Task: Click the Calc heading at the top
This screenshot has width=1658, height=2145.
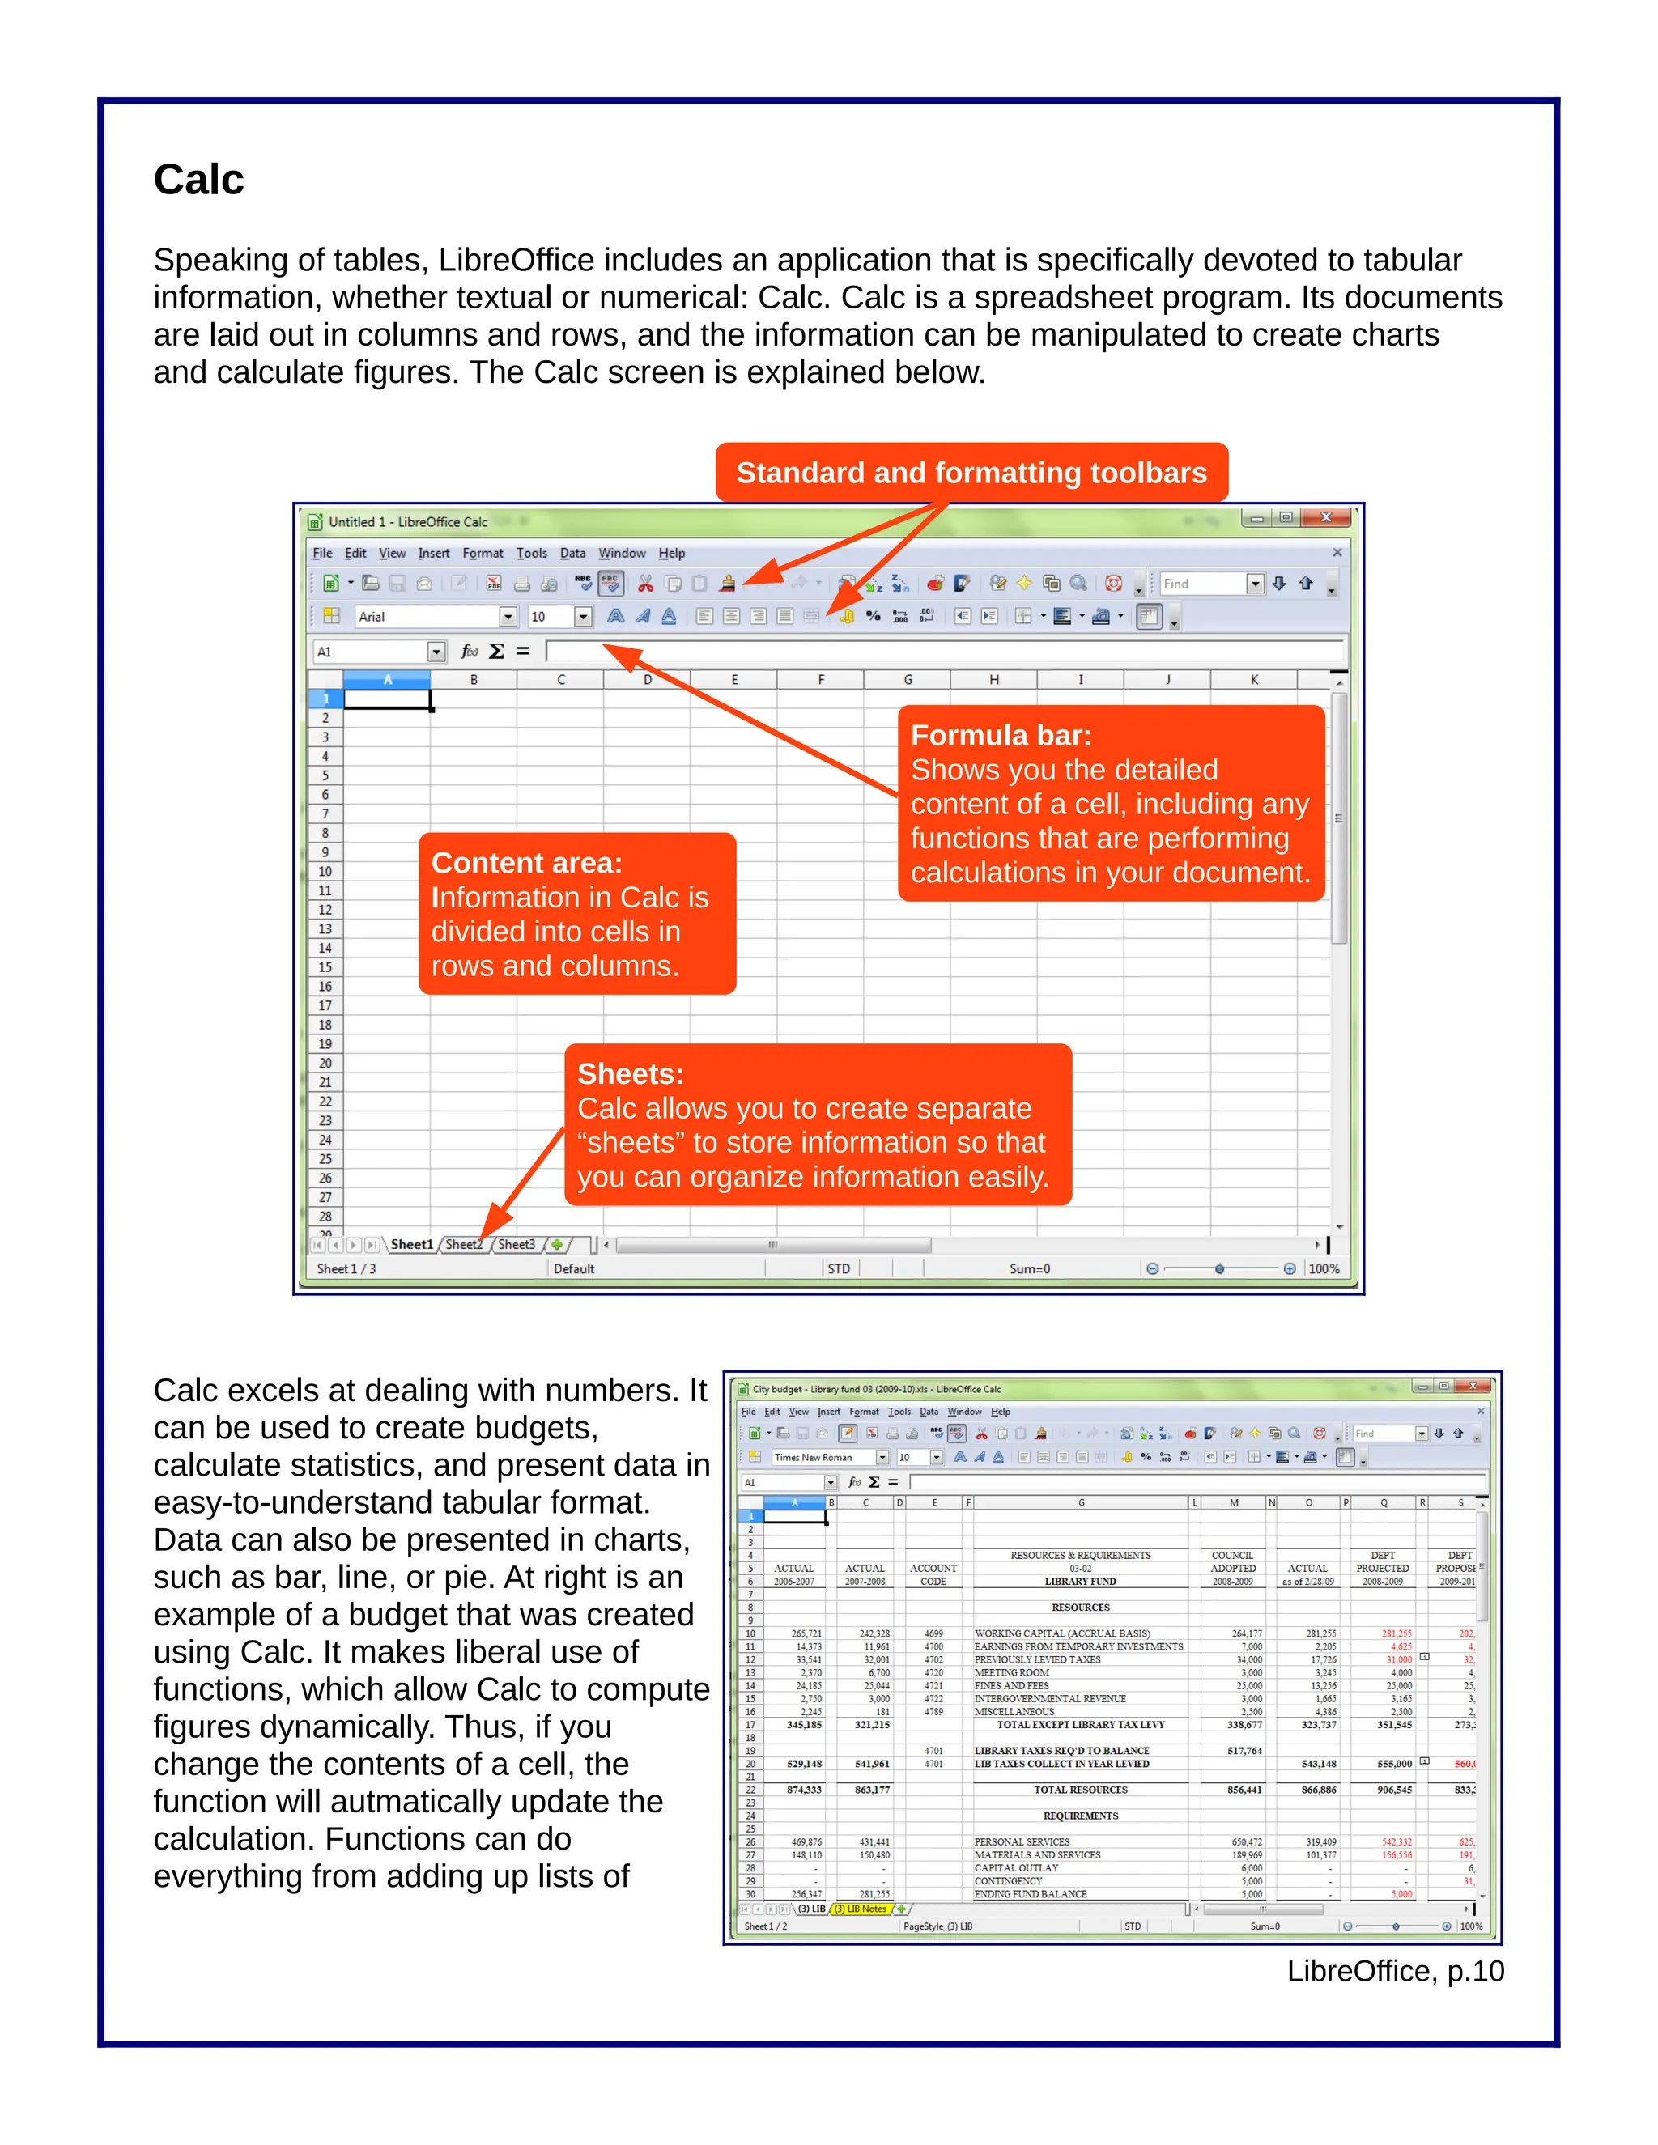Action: tap(198, 180)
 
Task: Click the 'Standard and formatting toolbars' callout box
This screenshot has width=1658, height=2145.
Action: tap(971, 473)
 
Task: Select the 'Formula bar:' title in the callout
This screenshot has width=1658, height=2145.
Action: tap(1000, 735)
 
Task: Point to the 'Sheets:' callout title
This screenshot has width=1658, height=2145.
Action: tap(630, 1073)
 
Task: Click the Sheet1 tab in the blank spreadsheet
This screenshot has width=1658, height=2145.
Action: tap(410, 1244)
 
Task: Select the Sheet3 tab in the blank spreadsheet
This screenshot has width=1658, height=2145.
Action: tap(516, 1244)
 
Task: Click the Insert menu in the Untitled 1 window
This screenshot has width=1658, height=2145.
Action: tap(433, 553)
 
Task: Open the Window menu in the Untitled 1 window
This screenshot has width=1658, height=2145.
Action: tap(622, 553)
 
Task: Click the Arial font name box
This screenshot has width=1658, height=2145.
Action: tap(427, 617)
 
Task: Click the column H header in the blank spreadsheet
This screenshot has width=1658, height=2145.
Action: tap(994, 680)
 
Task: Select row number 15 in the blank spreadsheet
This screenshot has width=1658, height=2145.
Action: tap(325, 967)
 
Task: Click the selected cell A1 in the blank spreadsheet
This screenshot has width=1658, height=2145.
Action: tap(387, 699)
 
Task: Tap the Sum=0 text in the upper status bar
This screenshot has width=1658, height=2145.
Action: tap(1030, 1269)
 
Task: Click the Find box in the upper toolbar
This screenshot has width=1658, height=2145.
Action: tap(1201, 584)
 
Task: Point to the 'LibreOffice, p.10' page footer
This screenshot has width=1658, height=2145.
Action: tap(1395, 1971)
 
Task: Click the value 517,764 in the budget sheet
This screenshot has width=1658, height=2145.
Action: tap(1244, 1750)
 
